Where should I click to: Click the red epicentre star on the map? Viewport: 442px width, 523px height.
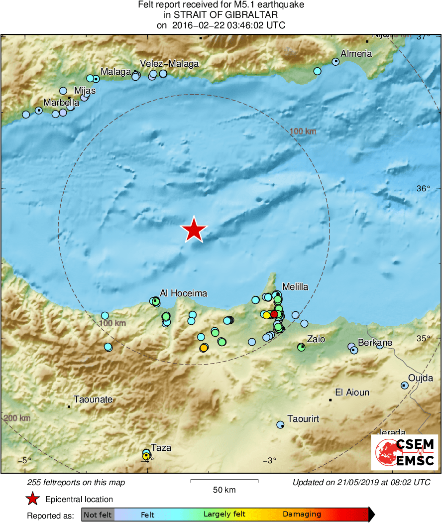click(x=194, y=230)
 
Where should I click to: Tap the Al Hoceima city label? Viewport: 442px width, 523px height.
click(x=183, y=293)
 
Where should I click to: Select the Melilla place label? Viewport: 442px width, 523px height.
click(x=295, y=286)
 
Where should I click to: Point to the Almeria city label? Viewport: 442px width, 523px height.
click(x=356, y=54)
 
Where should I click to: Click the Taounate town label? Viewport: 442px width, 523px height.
click(x=93, y=399)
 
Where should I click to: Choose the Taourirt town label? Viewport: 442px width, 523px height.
click(x=304, y=419)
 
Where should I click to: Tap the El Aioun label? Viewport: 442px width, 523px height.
click(x=352, y=392)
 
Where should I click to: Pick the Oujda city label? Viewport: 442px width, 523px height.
click(x=421, y=378)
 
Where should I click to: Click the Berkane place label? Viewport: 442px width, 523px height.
click(x=375, y=343)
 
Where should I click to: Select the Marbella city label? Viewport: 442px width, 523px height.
click(x=61, y=103)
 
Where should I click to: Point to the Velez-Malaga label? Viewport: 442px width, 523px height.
click(x=169, y=64)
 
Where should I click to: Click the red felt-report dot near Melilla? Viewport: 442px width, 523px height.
click(x=274, y=314)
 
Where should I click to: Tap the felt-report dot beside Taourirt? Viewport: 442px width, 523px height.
click(x=281, y=425)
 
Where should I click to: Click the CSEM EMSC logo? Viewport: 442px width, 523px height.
click(x=404, y=452)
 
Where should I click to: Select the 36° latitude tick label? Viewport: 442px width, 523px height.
click(x=423, y=189)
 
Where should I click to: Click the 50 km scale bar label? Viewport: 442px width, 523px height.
click(x=224, y=490)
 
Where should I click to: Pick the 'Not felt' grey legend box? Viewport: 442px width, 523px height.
click(x=98, y=515)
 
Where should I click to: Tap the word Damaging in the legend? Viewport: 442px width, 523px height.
click(x=302, y=515)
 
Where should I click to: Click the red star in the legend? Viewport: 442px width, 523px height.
click(x=33, y=499)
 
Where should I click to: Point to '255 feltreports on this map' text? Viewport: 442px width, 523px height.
click(x=76, y=482)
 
